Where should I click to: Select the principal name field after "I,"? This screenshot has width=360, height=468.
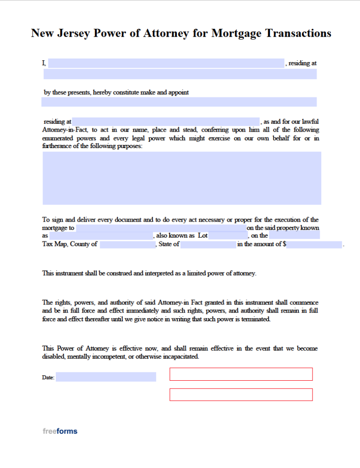tap(166, 64)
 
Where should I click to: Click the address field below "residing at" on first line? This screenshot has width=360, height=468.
tap(180, 74)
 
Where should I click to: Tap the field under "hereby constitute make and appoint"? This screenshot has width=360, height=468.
tap(179, 102)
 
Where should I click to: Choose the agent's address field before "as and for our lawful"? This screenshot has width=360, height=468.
tap(166, 122)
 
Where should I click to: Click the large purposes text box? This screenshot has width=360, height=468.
tap(182, 178)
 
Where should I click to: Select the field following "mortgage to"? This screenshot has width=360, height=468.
tap(161, 228)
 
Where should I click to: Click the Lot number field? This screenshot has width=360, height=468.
tap(228, 236)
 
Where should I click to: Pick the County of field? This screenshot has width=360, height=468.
tap(127, 245)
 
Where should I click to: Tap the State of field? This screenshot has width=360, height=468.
tap(208, 245)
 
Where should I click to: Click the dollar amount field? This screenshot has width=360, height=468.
tap(314, 245)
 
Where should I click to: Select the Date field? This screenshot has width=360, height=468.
tap(106, 377)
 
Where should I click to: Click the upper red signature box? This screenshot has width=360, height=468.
tap(241, 374)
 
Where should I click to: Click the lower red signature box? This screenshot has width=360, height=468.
tap(241, 394)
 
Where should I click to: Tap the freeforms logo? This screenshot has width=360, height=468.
tap(60, 431)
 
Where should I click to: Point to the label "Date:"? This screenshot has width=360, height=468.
tap(48, 378)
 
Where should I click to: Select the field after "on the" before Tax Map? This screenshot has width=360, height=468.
tap(294, 236)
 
